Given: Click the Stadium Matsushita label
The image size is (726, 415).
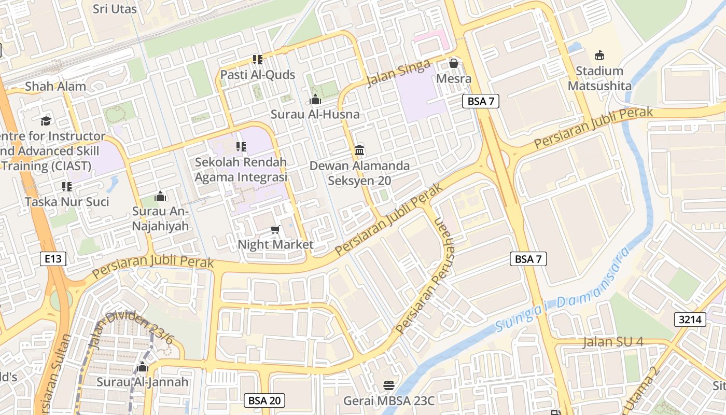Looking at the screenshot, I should (599, 78).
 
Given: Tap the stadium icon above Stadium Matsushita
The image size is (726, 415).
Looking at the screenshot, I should (599, 55).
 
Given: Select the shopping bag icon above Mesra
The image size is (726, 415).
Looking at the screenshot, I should (454, 63).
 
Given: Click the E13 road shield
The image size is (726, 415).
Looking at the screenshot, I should (53, 258).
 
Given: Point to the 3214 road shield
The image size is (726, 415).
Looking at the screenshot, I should (691, 319).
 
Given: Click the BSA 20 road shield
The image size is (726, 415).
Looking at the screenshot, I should (264, 400).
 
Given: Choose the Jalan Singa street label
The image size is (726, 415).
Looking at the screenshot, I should (398, 73).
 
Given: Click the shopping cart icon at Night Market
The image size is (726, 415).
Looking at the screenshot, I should (275, 229).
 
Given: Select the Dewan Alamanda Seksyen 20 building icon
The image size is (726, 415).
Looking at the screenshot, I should (359, 150).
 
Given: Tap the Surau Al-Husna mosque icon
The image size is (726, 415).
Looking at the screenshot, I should (315, 99).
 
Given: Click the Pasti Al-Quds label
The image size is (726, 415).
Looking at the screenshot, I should (258, 75).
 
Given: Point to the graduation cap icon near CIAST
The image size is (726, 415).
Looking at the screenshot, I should (46, 121).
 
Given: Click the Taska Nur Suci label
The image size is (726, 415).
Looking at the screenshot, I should (67, 201).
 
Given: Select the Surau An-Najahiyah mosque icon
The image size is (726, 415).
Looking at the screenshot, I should (160, 196).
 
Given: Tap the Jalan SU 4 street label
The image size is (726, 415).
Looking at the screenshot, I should (613, 342).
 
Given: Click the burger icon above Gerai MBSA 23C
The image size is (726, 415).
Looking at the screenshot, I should (389, 385).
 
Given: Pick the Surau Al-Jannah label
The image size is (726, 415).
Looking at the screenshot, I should (143, 382).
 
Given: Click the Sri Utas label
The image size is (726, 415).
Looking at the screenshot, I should (115, 9).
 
